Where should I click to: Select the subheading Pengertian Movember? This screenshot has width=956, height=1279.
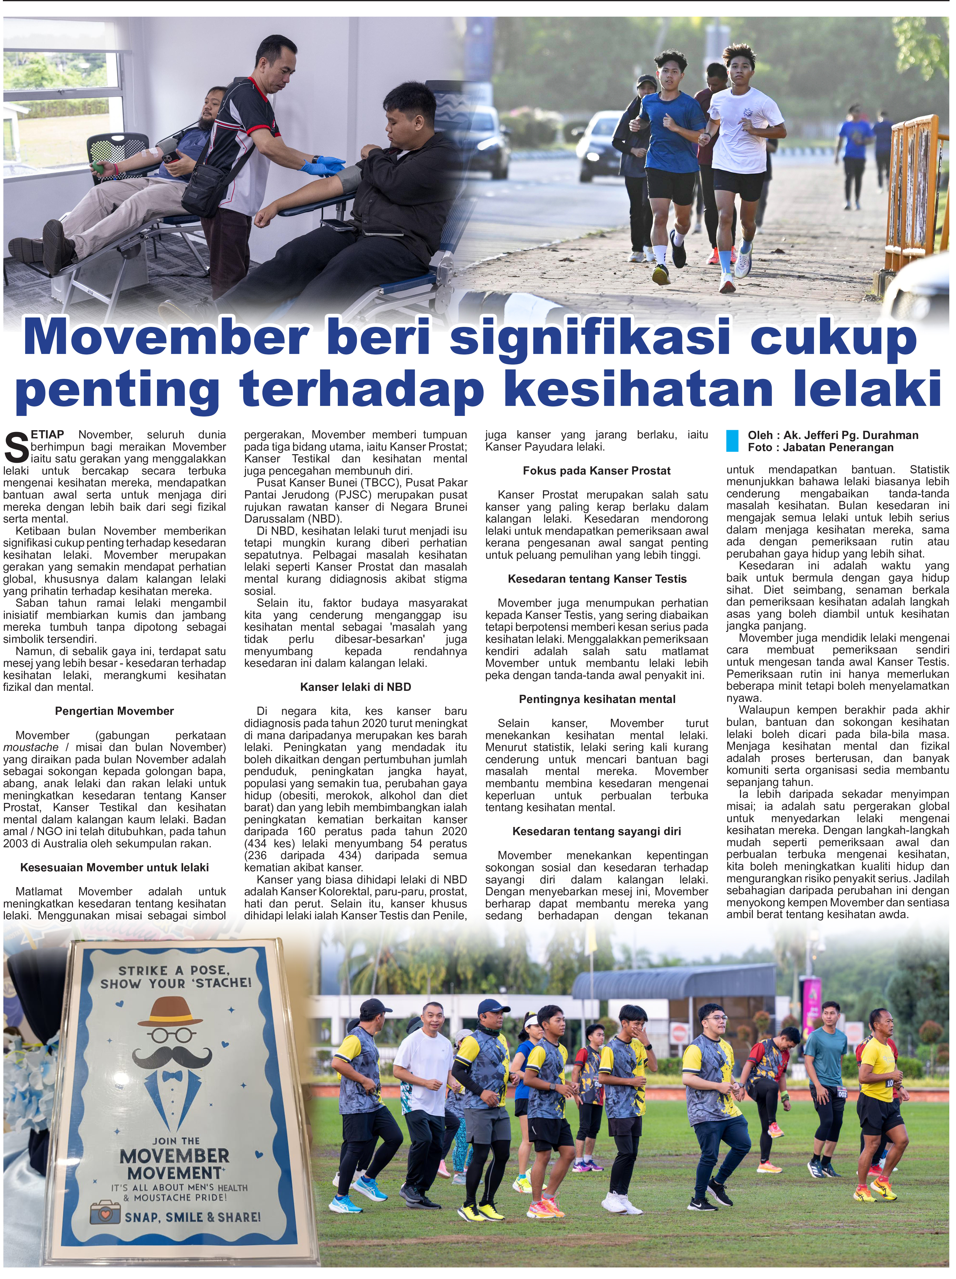pos(114,711)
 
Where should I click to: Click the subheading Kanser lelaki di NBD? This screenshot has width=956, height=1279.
pos(356,687)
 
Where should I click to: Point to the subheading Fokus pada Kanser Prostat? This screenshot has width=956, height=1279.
pos(596,471)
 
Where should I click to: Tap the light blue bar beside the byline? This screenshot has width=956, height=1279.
pos(732,441)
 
